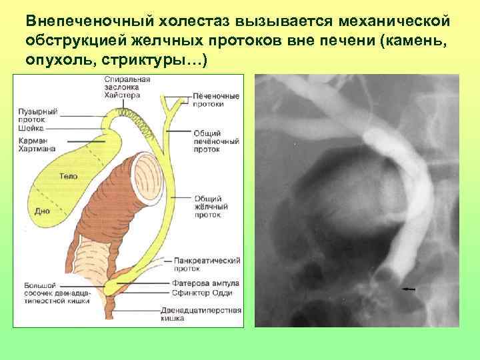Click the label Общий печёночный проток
[217, 141]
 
